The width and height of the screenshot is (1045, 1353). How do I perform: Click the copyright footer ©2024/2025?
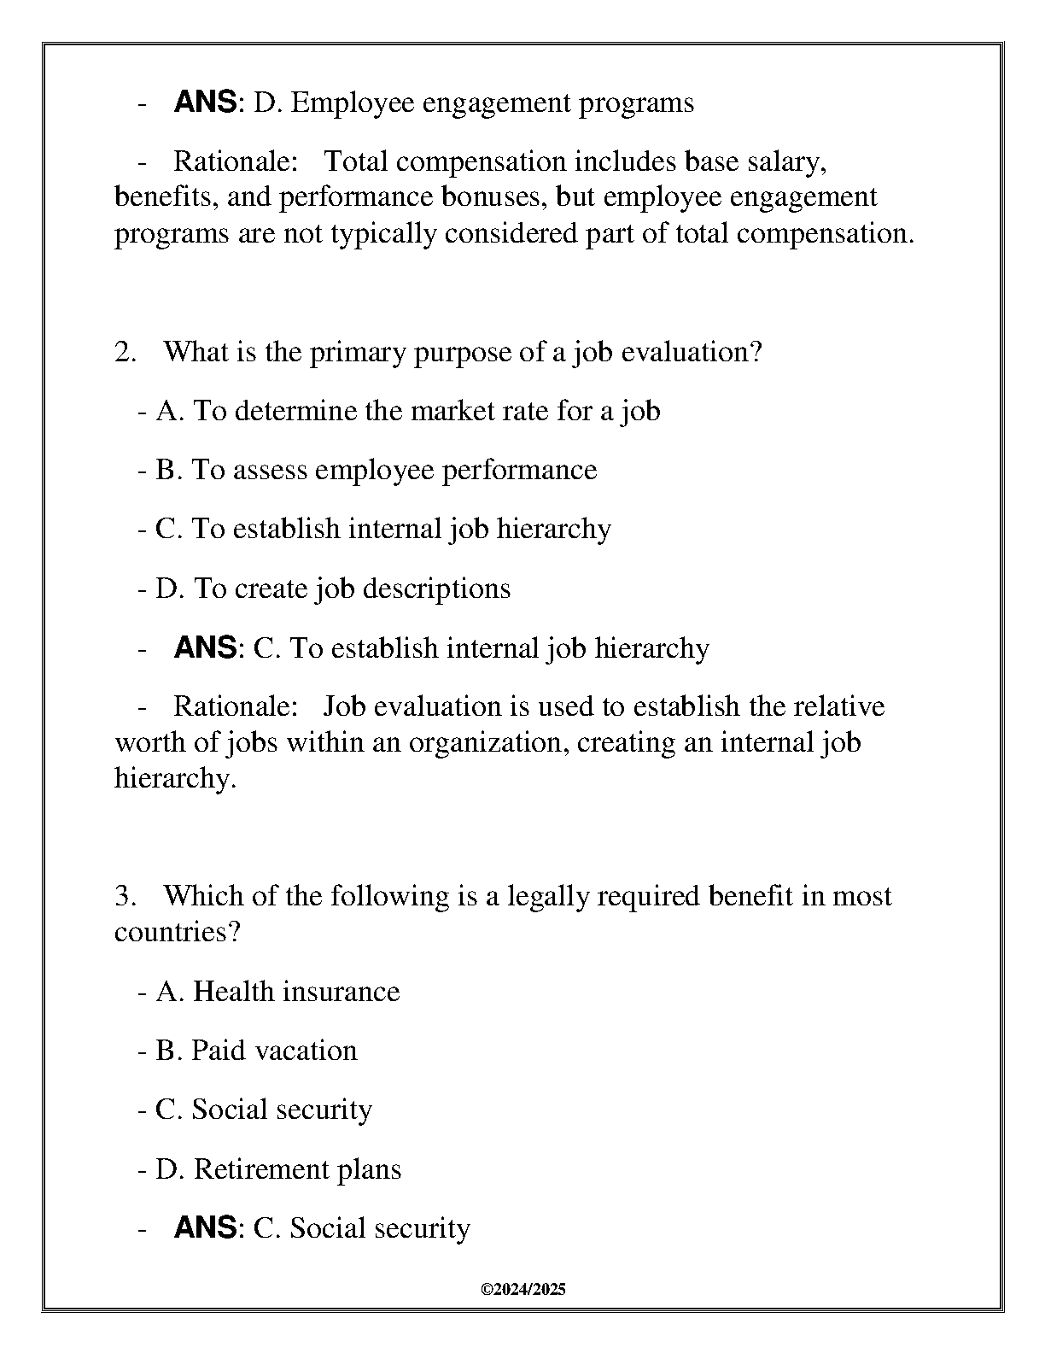(x=522, y=1290)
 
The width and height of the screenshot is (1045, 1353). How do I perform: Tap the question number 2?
(x=125, y=352)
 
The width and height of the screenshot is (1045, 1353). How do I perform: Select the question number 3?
(x=125, y=896)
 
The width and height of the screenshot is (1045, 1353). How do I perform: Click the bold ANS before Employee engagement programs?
(x=205, y=102)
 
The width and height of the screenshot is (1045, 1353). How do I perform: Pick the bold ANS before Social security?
(x=205, y=1227)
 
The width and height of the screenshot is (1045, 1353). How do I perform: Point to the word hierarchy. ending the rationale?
(x=175, y=777)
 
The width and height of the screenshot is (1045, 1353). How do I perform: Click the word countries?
(x=178, y=931)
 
